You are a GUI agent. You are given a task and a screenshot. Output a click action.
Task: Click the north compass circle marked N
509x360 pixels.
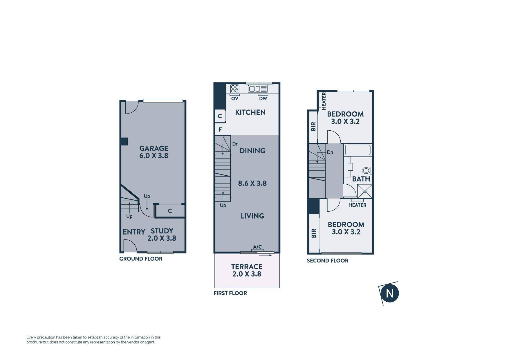tap(389, 293)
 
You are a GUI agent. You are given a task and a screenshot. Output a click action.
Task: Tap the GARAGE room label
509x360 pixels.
tap(154, 148)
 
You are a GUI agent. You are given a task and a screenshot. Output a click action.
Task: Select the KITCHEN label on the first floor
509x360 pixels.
tap(250, 112)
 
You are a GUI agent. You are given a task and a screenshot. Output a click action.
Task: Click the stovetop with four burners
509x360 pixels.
tap(235, 89)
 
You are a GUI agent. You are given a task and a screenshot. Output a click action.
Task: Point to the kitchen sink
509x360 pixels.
tap(258, 89)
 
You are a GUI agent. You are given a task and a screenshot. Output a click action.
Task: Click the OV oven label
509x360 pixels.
tap(235, 99)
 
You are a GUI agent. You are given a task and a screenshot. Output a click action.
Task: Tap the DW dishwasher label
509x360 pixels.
tap(263, 99)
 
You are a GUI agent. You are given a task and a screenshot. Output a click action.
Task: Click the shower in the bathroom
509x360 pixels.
tap(365, 191)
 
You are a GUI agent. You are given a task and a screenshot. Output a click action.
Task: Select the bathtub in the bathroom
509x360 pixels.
tap(357, 150)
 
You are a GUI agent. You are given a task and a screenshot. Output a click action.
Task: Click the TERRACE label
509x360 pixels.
tap(247, 267)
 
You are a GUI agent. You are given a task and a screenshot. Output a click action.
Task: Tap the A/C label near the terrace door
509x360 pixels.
tap(257, 247)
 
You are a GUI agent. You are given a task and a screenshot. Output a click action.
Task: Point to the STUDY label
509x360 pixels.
tap(162, 231)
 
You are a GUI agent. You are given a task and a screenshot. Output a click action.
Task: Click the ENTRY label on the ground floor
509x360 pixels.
tap(134, 232)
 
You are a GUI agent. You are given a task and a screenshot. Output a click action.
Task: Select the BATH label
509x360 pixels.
tap(361, 179)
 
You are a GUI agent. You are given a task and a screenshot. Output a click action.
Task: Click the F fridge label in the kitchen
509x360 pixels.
tap(220, 130)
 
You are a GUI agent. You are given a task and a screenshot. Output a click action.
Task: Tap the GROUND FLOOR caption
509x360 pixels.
tap(141, 259)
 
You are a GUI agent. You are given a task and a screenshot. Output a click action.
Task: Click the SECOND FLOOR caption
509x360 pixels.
tap(328, 261)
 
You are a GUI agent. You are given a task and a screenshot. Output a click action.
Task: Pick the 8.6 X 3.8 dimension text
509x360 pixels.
tap(252, 183)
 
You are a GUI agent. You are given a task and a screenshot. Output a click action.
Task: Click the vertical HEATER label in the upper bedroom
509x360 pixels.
tap(324, 101)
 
